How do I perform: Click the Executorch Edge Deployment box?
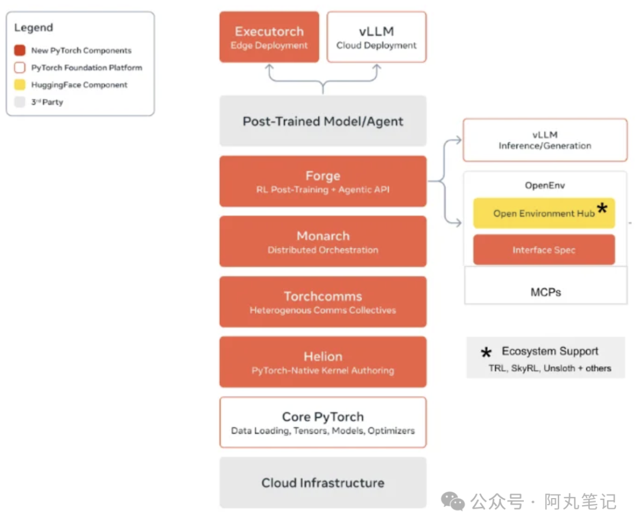269,37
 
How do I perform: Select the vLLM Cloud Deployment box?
376,37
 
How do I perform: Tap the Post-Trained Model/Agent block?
323,121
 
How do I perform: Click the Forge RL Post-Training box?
323,181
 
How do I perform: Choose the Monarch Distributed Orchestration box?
323,242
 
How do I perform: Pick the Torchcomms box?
323,302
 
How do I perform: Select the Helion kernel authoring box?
323,362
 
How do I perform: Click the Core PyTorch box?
323,422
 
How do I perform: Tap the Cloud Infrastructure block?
323,483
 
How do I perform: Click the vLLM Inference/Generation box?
545,140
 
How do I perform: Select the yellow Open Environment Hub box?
544,213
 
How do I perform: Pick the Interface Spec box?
544,250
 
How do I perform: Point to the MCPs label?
546,292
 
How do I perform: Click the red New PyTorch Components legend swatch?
19,50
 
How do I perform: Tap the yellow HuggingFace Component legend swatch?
19,84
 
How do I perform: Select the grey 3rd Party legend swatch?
19,102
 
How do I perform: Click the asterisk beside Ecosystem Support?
486,352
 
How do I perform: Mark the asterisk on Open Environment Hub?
602,209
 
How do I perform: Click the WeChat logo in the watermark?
452,501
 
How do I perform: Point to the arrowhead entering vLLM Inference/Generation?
458,140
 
